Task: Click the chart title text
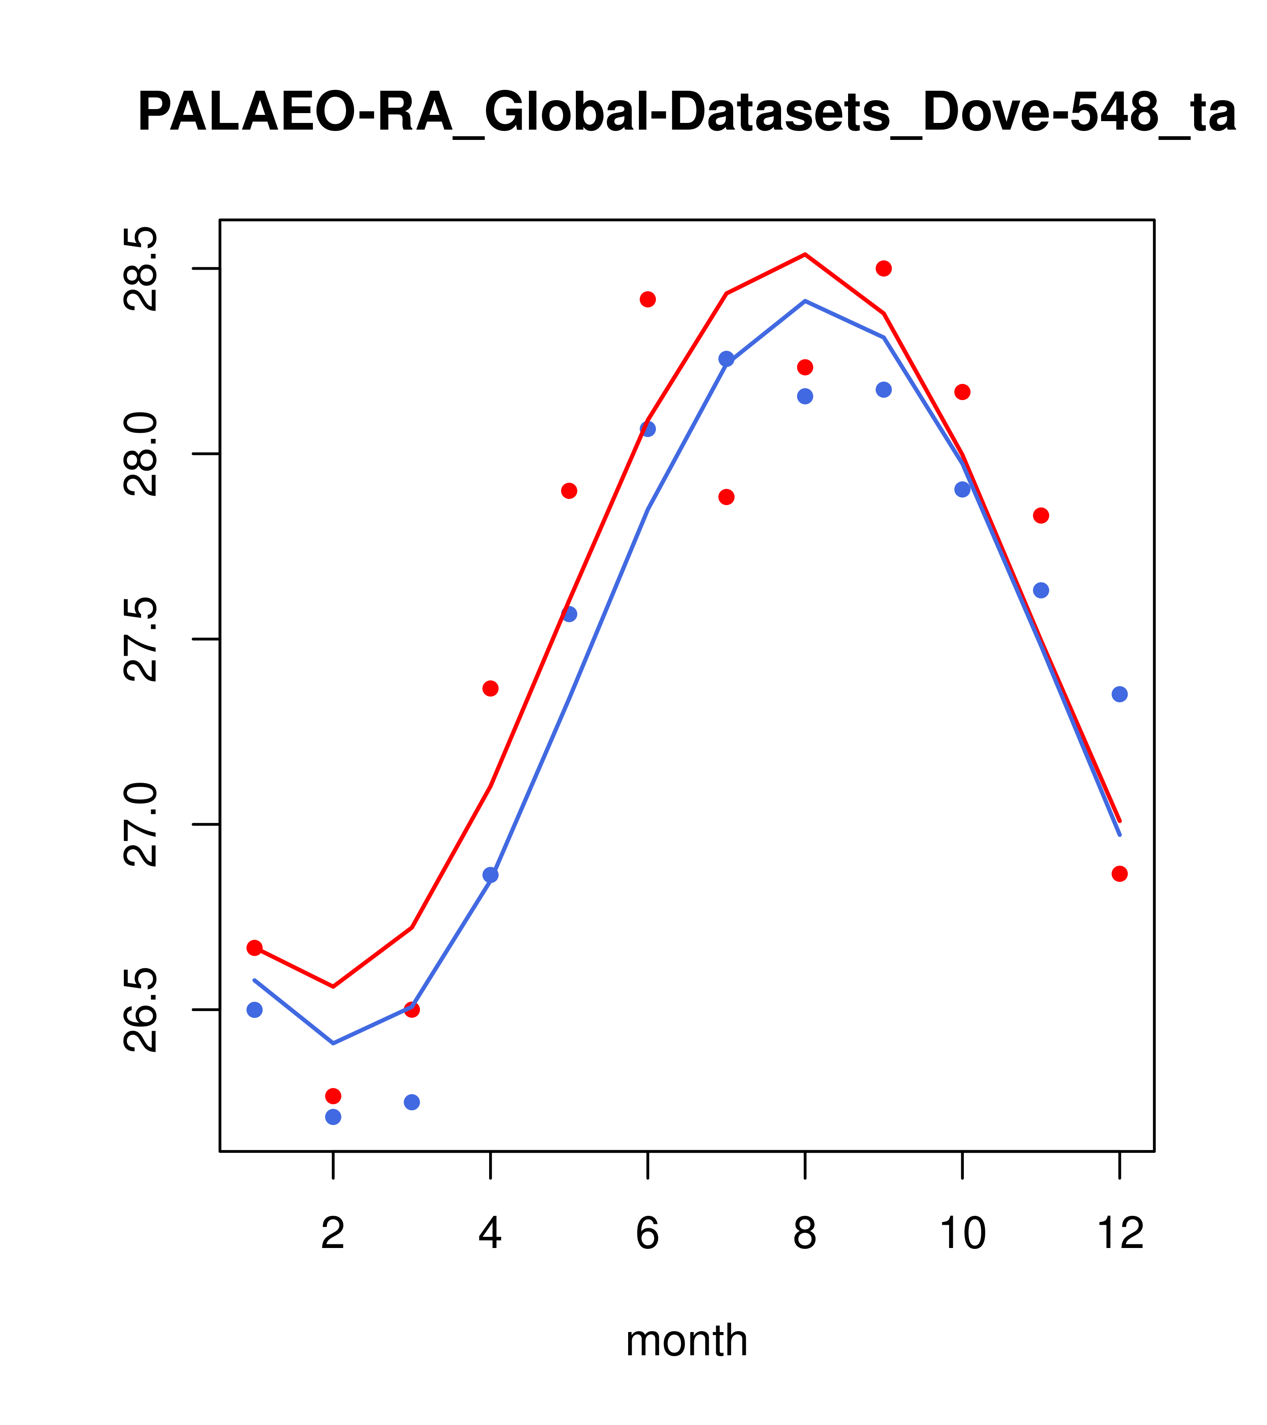[686, 113]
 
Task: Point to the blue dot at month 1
[254, 1009]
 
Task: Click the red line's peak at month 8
[805, 254]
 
